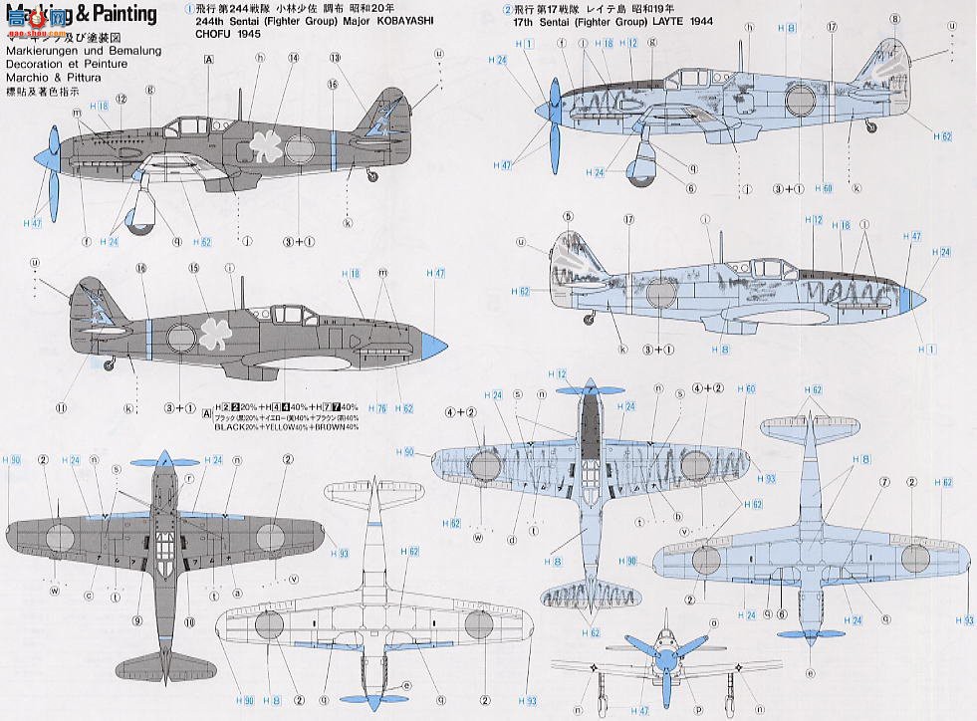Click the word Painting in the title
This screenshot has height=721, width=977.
(121, 14)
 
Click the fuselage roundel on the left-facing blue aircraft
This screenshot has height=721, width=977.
(800, 100)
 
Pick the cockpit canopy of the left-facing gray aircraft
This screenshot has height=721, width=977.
(189, 125)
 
